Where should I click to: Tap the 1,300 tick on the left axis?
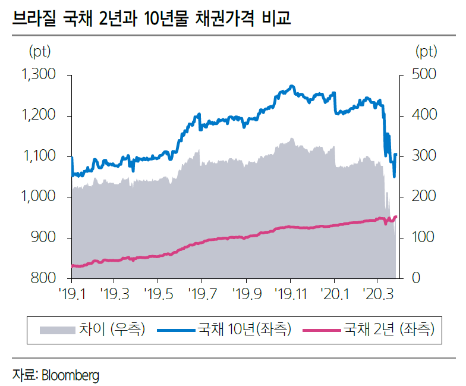pyautogui.click(x=38, y=75)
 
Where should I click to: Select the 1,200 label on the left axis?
pyautogui.click(x=38, y=115)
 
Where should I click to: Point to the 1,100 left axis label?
pyautogui.click(x=38, y=156)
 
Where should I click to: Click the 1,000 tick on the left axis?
pyautogui.click(x=38, y=197)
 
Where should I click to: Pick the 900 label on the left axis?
pyautogui.click(x=43, y=238)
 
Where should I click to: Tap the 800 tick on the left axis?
pyautogui.click(x=43, y=278)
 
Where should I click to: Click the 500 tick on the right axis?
pyautogui.click(x=424, y=75)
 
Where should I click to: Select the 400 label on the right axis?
pyautogui.click(x=424, y=115)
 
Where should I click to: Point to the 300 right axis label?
pyautogui.click(x=424, y=156)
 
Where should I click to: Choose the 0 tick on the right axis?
pyautogui.click(x=416, y=278)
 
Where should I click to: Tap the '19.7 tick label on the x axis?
pyautogui.click(x=201, y=293)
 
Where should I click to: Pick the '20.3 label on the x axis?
pyautogui.click(x=378, y=293)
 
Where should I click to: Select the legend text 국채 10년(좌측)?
pyautogui.click(x=244, y=329)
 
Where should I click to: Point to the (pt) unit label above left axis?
pyautogui.click(x=40, y=52)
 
